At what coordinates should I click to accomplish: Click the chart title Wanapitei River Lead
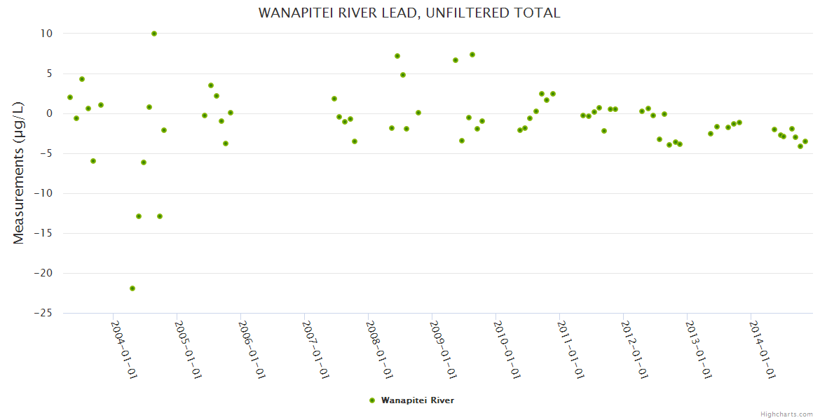pos(409,13)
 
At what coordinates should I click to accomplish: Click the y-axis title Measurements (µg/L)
pos(19,172)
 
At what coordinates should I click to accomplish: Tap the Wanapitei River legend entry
pos(417,400)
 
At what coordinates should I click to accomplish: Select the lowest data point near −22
pos(132,288)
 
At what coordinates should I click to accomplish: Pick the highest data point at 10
pos(154,34)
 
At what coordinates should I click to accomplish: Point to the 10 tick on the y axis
pos(47,34)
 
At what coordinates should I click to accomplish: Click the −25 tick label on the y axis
pos(43,313)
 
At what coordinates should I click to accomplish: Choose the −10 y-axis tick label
pos(43,193)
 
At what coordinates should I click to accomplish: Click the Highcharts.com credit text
pos(786,414)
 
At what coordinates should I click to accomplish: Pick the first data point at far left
pos(70,97)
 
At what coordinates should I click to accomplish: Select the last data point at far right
pos(805,141)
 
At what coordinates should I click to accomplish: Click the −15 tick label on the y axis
pos(43,233)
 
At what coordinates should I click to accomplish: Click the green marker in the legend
pos(371,400)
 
